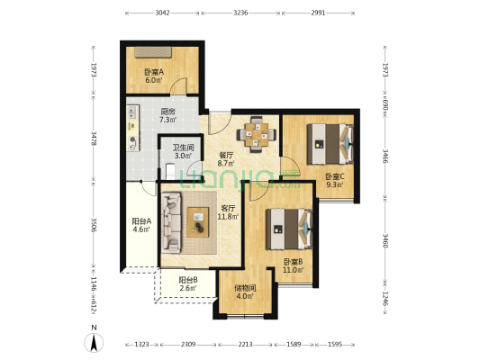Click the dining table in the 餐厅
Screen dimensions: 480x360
click(x=257, y=134)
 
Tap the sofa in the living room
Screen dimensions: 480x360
click(x=171, y=222)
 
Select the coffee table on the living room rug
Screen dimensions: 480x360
click(x=198, y=222)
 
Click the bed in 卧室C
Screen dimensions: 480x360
click(x=331, y=144)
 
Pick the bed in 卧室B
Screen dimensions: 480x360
click(x=289, y=229)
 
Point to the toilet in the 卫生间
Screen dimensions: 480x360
click(x=170, y=172)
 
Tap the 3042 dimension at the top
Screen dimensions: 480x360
click(x=162, y=13)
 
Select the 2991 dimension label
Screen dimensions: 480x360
click(x=318, y=13)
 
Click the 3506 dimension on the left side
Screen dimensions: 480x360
click(x=94, y=225)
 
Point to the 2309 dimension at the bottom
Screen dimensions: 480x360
click(x=188, y=345)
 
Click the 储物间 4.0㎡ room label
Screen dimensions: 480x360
click(x=245, y=292)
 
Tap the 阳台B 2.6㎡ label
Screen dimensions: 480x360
click(x=187, y=283)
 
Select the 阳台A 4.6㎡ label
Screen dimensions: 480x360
click(x=141, y=225)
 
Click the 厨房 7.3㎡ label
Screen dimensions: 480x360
click(x=168, y=115)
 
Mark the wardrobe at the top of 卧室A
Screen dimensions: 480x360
click(x=153, y=52)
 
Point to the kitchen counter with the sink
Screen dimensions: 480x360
click(x=133, y=128)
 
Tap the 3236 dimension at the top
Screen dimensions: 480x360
click(x=240, y=13)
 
